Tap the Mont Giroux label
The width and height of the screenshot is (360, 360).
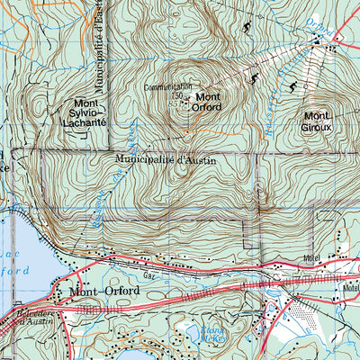(318, 121)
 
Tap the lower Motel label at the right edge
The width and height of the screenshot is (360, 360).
(350, 288)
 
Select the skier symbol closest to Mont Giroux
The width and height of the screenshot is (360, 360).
(292, 86)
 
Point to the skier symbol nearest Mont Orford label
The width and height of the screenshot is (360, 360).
(255, 78)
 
